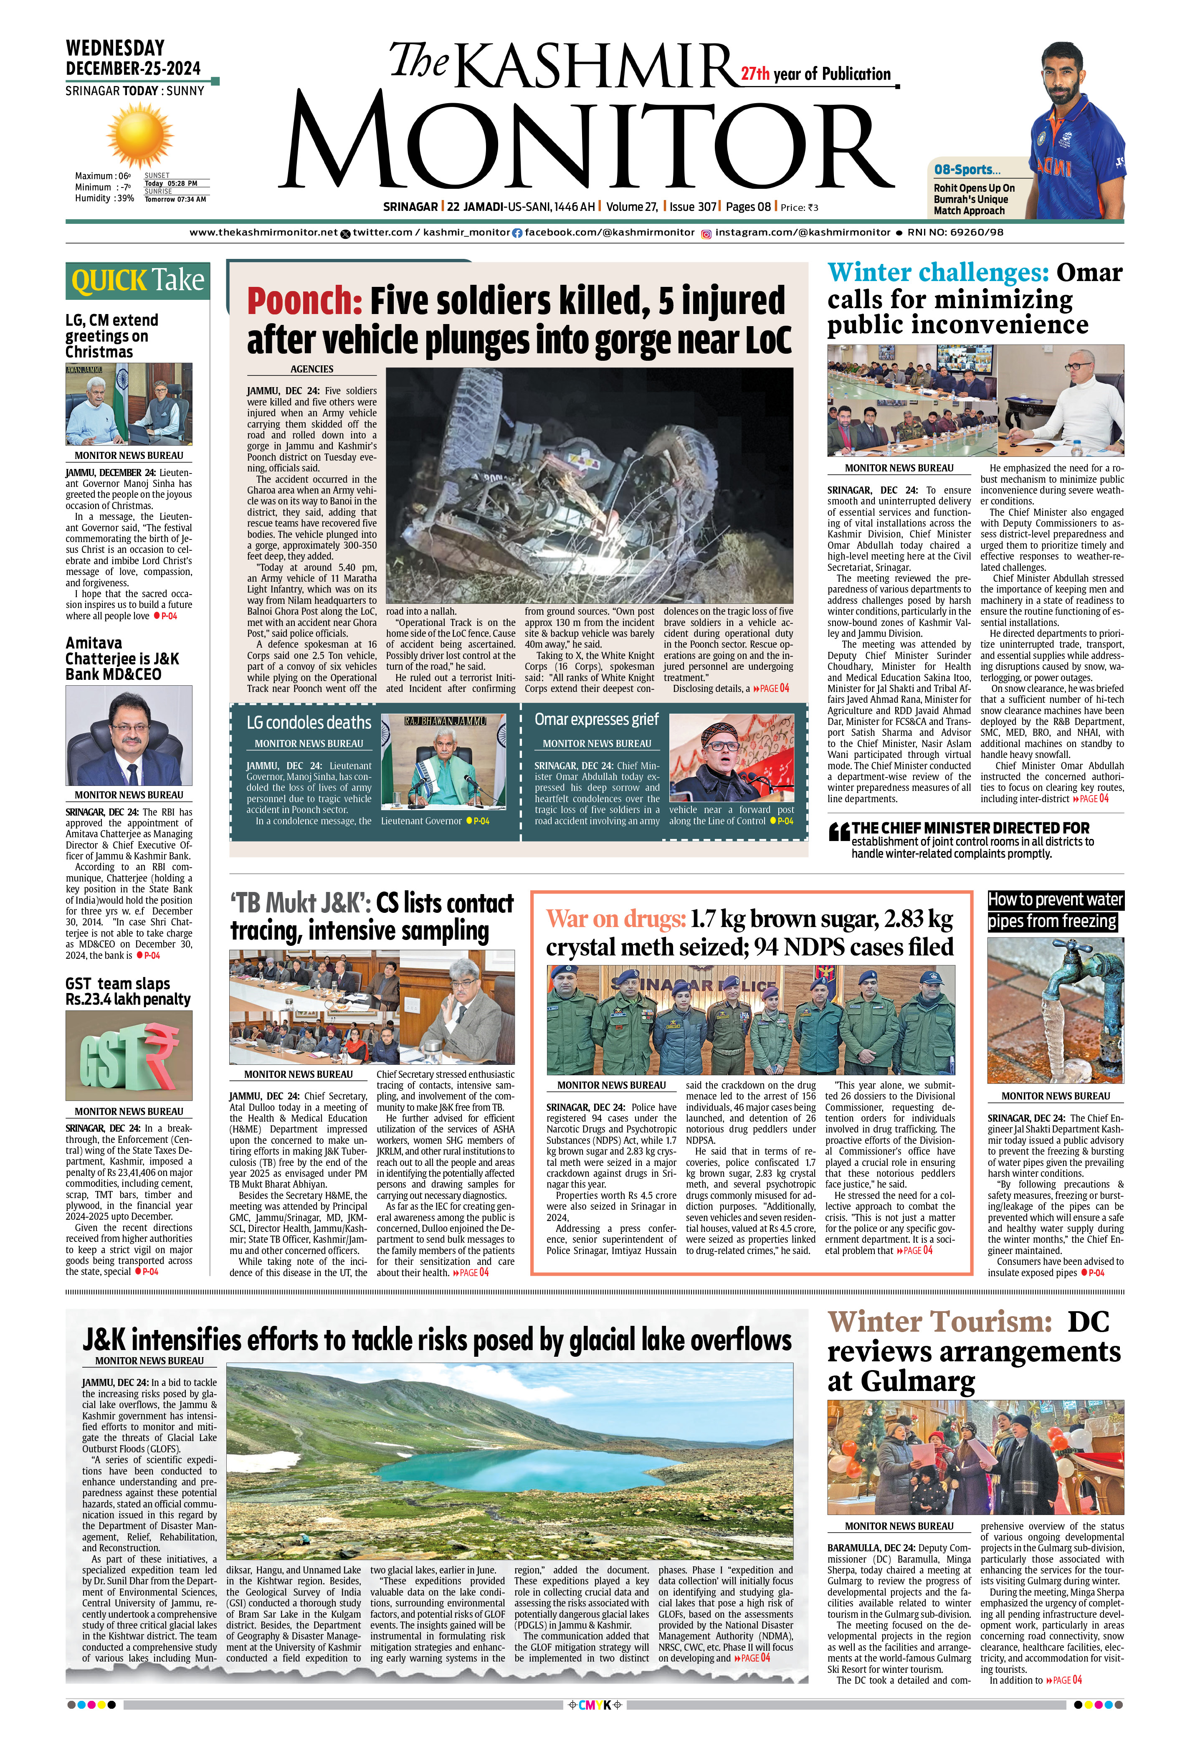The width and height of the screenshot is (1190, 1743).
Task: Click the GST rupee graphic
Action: (129, 1055)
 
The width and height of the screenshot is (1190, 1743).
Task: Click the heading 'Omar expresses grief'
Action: (596, 719)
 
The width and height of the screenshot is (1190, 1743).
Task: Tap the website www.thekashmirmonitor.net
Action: (263, 233)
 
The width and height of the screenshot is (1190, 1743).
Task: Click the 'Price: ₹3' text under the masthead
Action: (799, 208)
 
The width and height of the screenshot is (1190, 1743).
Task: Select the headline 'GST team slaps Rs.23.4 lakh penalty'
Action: (127, 991)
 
